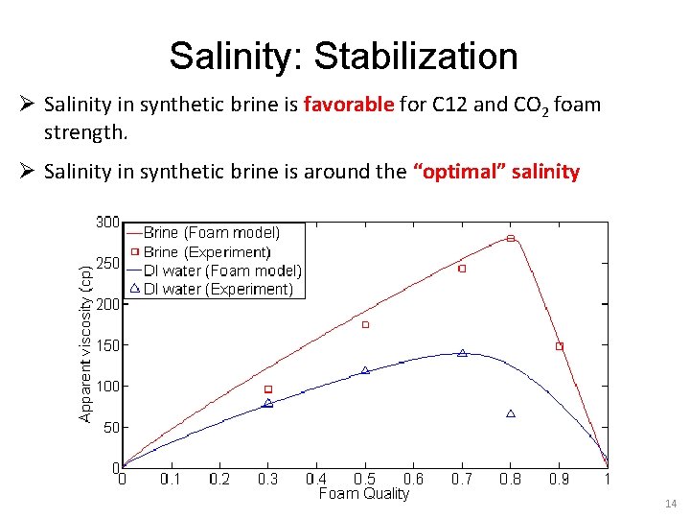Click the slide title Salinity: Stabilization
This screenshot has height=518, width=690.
coord(343,57)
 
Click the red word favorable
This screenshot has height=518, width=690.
coord(349,105)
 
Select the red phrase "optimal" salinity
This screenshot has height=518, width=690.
coord(495,173)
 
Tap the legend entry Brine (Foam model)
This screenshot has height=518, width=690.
coord(212,233)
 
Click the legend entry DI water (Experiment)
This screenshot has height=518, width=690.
coord(218,289)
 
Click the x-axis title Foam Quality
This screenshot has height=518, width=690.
coord(363,494)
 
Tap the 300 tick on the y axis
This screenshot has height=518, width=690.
coord(107,223)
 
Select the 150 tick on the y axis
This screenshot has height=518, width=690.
coord(107,345)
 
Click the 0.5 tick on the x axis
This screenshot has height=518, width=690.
coord(364,479)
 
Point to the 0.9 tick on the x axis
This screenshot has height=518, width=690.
coord(559,479)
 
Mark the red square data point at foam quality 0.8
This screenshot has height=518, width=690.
coord(511,238)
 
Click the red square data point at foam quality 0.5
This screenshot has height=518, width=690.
coord(365,325)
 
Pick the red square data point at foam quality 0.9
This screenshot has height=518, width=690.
coord(560,346)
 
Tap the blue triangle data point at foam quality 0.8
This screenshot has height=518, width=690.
coord(511,413)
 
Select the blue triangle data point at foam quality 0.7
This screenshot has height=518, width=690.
coord(462,353)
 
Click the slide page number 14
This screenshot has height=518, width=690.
coord(668,502)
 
